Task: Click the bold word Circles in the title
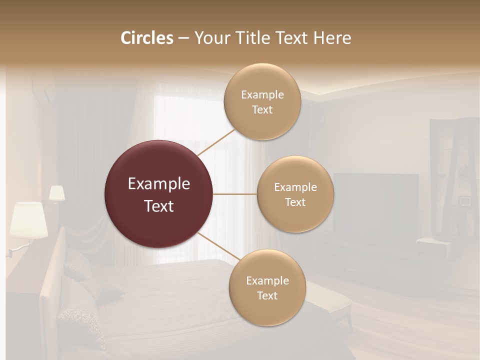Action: tap(147, 38)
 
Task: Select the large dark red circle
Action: tap(158, 194)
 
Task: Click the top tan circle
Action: tap(262, 101)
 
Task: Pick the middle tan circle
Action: tap(295, 194)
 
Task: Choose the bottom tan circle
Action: tap(267, 287)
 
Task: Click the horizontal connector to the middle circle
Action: tap(235, 194)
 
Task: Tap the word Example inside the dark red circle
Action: tap(159, 184)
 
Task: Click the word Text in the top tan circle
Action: tap(262, 109)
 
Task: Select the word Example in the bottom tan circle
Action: tap(267, 280)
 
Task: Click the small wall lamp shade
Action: tap(56, 193)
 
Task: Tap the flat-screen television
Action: tap(376, 205)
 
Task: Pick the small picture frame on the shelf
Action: tap(465, 201)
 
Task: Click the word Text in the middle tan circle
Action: tap(295, 202)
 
